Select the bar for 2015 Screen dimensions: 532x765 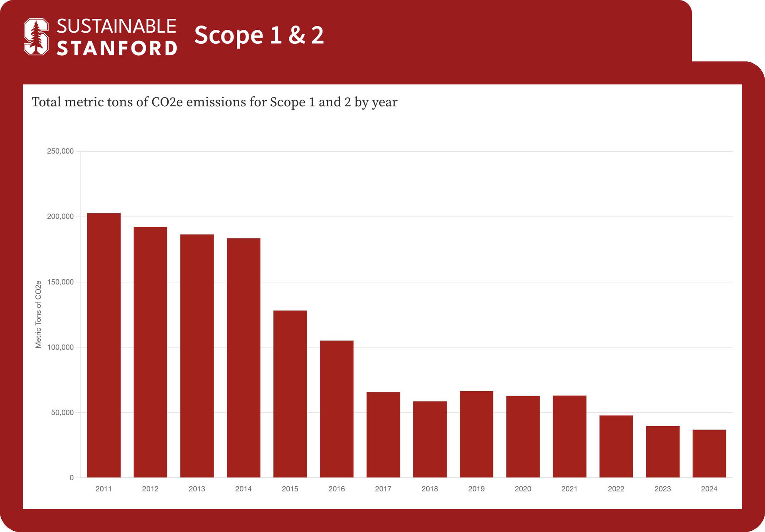290,394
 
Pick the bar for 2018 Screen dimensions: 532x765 430,439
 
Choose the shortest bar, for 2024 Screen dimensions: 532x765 709,454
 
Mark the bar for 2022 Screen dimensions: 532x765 616,446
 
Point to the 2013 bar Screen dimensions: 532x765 197,356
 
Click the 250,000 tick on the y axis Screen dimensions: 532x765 60,151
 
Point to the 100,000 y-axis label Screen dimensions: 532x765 60,347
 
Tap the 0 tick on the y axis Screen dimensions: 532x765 72,478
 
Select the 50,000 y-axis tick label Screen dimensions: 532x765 62,413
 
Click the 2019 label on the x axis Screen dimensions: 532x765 476,489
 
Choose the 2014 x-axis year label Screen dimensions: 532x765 243,489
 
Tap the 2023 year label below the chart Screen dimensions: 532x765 663,489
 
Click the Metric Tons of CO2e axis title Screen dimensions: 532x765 38,314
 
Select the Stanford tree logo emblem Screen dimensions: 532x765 36,37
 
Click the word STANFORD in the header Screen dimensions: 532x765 117,48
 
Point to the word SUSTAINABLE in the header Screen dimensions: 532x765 116,26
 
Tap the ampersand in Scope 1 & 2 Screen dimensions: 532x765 297,35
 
